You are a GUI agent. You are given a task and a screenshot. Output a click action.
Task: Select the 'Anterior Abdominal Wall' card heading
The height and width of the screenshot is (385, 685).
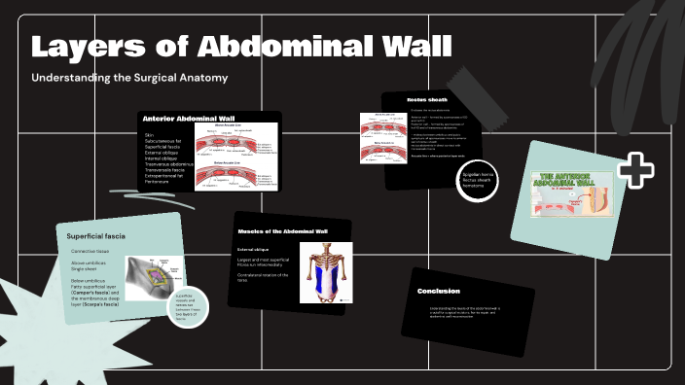(x=189, y=118)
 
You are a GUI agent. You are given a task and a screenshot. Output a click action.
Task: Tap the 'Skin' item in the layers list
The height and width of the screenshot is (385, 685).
(x=150, y=136)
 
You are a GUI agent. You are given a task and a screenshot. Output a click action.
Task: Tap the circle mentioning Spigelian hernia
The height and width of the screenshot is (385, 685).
(x=477, y=180)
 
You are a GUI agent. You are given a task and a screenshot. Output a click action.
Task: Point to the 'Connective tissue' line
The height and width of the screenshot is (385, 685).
(x=92, y=252)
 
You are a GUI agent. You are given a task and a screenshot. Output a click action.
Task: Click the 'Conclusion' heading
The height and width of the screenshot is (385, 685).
(x=439, y=291)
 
